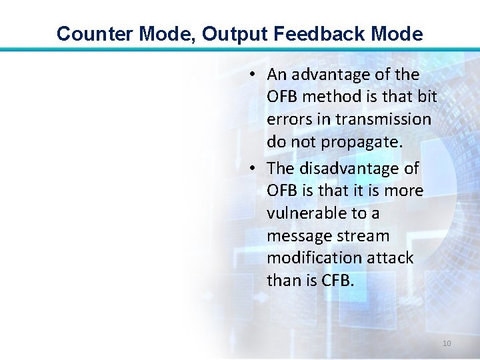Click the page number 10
click(447, 343)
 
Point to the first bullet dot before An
click(256, 75)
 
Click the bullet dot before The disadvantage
click(256, 169)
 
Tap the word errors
click(286, 119)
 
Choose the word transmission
click(383, 119)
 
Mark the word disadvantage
click(360, 169)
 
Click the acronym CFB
click(339, 281)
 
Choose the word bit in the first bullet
click(427, 97)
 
